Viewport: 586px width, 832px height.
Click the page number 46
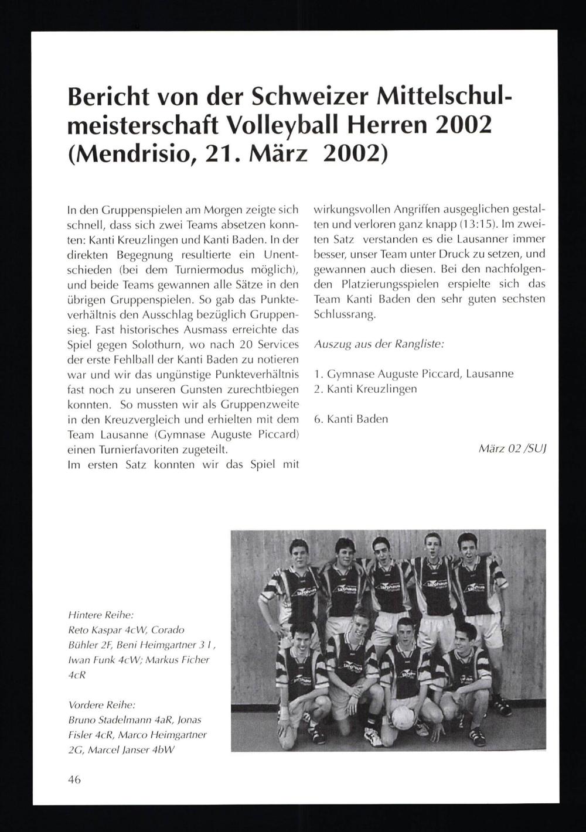point(74,779)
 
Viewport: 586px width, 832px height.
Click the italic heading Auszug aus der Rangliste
point(379,344)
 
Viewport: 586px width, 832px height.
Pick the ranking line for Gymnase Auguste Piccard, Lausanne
point(414,374)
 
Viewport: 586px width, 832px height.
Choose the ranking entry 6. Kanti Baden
point(351,419)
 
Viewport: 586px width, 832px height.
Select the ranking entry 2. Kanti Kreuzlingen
point(366,389)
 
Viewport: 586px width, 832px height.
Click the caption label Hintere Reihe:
point(101,615)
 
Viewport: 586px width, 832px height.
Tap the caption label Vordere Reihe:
point(102,704)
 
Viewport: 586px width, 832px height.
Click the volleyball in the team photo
point(403,717)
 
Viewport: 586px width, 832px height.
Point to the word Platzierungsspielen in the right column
point(387,284)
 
